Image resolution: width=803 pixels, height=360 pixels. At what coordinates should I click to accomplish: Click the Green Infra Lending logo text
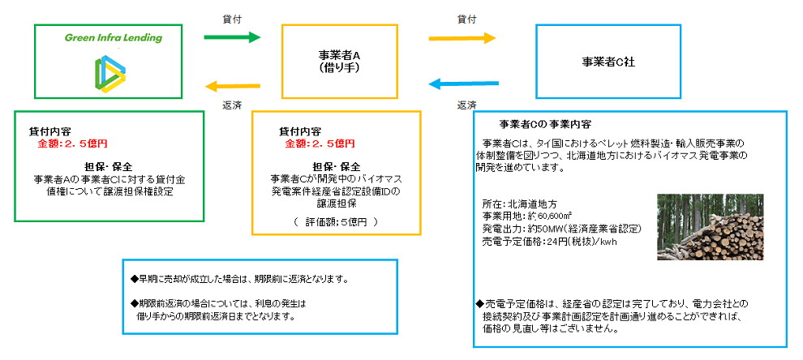(x=113, y=37)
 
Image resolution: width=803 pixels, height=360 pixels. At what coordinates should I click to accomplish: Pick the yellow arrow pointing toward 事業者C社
(x=462, y=37)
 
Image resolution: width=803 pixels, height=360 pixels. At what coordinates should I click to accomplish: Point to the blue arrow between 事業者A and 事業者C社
(x=462, y=84)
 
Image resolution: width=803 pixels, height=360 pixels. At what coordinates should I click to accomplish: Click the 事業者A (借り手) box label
(x=339, y=62)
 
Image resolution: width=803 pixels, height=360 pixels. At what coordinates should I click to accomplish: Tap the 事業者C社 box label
(x=608, y=61)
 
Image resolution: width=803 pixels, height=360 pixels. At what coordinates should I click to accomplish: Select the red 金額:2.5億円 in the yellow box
(x=320, y=144)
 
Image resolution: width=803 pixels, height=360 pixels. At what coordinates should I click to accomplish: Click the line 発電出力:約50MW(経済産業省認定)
(x=556, y=229)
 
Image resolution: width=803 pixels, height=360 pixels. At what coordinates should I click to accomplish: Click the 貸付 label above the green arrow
(x=233, y=17)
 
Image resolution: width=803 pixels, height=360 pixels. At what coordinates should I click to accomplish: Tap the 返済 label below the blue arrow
(x=466, y=105)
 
